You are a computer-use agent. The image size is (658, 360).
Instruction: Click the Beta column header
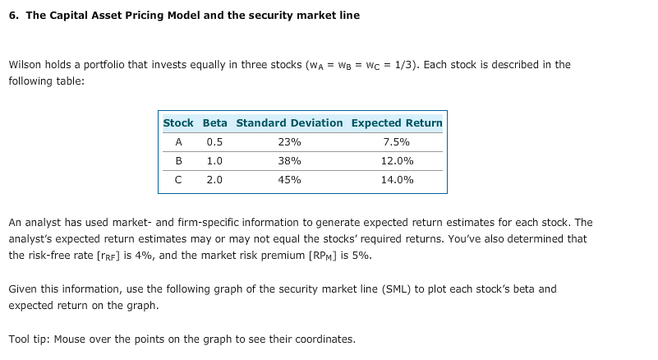214,123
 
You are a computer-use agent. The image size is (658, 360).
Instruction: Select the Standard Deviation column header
289,123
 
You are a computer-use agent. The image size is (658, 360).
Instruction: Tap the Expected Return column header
397,123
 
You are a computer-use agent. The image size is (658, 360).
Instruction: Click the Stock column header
178,123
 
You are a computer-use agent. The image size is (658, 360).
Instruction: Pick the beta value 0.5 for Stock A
214,142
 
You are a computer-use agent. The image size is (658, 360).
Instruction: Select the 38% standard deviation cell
289,161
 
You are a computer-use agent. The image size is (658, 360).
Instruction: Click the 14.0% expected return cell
397,180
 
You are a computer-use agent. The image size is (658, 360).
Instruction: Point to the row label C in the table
178,180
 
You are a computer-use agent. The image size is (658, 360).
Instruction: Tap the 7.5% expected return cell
397,142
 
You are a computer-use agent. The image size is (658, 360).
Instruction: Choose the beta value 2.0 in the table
214,180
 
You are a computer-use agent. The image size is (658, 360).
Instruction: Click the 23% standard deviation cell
289,142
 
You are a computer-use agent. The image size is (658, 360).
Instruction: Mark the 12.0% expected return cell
397,161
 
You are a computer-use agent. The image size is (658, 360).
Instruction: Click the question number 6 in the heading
13,16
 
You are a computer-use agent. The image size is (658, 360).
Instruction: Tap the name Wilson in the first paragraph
25,65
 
